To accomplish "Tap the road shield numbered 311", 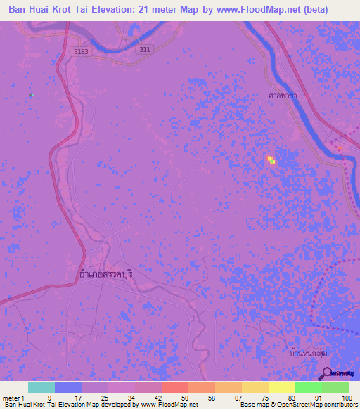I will pyautogui.click(x=144, y=49).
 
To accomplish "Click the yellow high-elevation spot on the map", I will pyautogui.click(x=271, y=161).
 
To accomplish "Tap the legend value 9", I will pyautogui.click(x=49, y=398).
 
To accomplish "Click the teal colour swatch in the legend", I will pyautogui.click(x=41, y=387).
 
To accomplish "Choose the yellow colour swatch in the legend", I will pyautogui.click(x=281, y=387).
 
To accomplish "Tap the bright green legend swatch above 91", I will pyautogui.click(x=308, y=387).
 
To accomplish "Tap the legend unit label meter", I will pyautogui.click(x=11, y=398).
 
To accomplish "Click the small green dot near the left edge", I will pyautogui.click(x=31, y=94).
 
